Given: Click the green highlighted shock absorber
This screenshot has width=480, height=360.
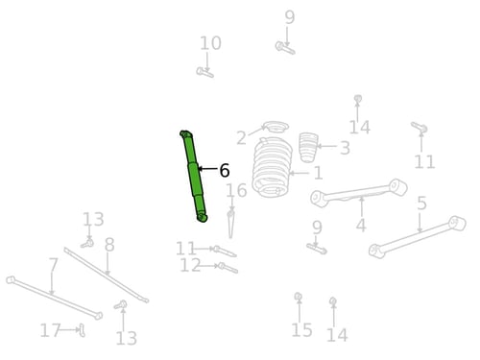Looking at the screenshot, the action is [194, 177].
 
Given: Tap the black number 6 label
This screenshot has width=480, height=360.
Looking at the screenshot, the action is [225, 170].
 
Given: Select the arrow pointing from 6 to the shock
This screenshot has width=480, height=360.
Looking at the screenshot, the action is [207, 168].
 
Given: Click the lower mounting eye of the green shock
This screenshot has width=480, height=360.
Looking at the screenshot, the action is [203, 218].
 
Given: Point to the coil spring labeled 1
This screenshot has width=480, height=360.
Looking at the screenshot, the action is [272, 167].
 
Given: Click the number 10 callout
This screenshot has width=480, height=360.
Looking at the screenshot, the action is [210, 43].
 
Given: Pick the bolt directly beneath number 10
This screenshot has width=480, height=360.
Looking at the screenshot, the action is [204, 72].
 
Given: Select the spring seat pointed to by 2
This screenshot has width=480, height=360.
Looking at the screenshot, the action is [276, 127].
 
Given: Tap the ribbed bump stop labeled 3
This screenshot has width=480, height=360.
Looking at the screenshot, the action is [308, 147].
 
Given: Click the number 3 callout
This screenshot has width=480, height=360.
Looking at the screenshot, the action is [345, 148].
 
